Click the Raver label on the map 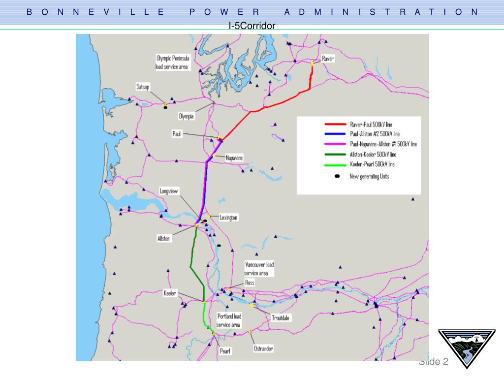coord(328,59)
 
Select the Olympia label coord(187,117)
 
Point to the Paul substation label coord(177,133)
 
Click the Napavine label coord(234,157)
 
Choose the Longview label coord(168,191)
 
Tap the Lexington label coord(229,218)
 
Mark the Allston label coord(163,238)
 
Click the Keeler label coord(169,293)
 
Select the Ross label coord(250,283)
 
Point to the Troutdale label coord(281,318)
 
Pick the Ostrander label coord(263,348)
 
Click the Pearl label coord(225,351)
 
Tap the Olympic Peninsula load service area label coord(172,63)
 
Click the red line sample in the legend coord(336,125)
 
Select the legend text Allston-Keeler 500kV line coord(373,154)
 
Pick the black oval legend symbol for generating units coord(337,176)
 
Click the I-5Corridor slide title coord(252,26)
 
